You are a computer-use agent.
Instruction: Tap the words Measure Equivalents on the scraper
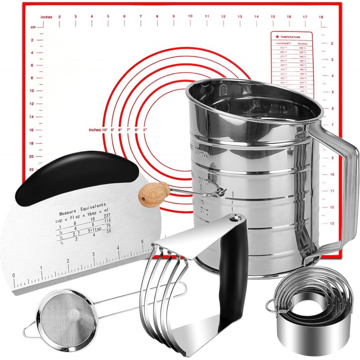pos(82,207)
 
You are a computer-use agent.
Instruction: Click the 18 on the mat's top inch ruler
pos(320,17)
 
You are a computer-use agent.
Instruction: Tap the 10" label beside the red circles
pos(105,130)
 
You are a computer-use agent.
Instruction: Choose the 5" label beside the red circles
pos(145,130)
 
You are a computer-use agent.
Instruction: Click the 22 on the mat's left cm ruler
pos(31,169)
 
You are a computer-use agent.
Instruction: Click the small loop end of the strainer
pos(27,332)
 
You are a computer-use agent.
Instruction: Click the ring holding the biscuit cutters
pos(271,306)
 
